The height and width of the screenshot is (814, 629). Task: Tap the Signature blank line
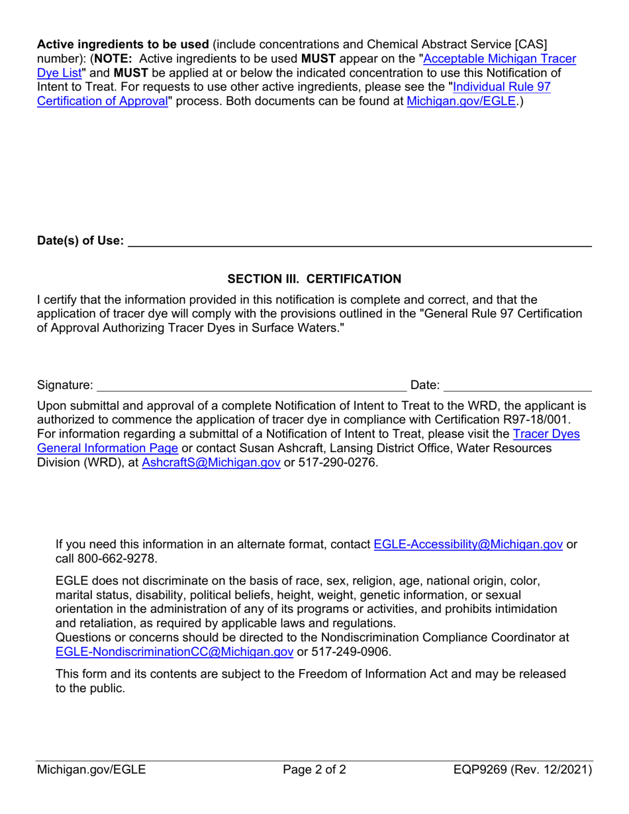[252, 385]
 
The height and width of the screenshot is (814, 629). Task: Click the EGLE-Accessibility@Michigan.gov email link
[468, 544]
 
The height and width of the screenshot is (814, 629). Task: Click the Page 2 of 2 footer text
[314, 770]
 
